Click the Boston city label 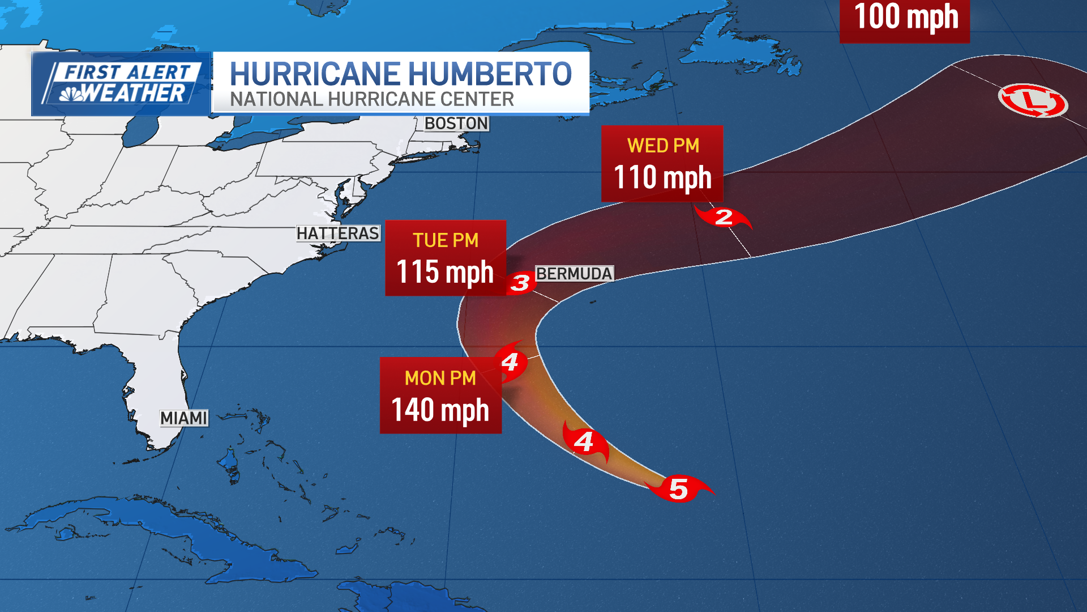tap(456, 124)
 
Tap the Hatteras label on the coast tap(337, 233)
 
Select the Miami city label tap(183, 418)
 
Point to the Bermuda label tap(574, 274)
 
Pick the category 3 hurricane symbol tap(520, 283)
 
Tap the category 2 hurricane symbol tap(724, 217)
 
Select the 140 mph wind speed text tap(440, 410)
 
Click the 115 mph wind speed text tap(445, 272)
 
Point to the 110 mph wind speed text tap(662, 177)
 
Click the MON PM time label tap(440, 378)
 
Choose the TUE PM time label tap(446, 240)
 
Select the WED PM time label tap(663, 146)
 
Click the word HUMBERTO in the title tap(490, 74)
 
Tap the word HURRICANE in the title tap(315, 74)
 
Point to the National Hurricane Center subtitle tap(372, 100)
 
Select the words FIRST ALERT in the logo tap(127, 73)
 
